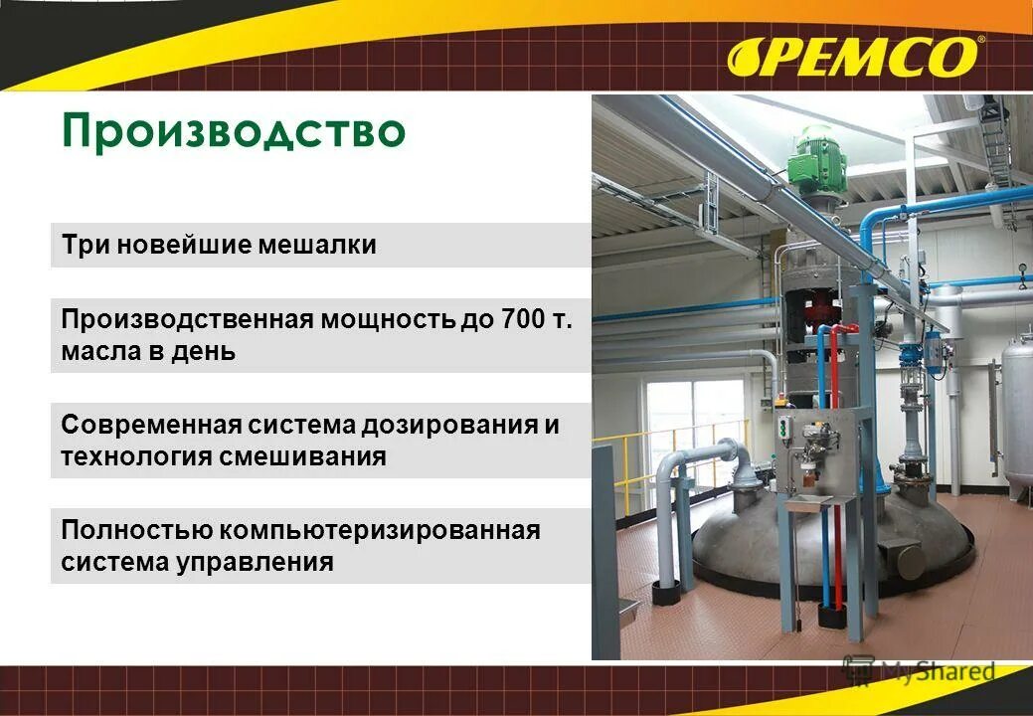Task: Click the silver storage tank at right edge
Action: [x=1015, y=418]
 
